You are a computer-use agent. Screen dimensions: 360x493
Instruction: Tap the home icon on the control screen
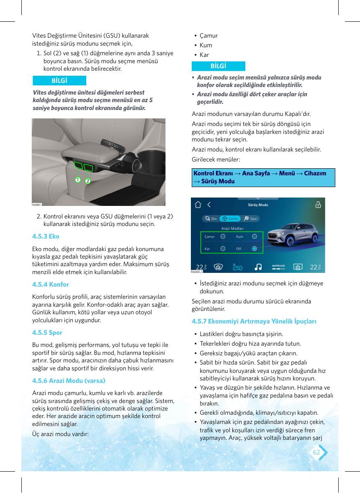click(x=198, y=205)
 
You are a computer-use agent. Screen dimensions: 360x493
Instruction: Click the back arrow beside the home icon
click(x=209, y=205)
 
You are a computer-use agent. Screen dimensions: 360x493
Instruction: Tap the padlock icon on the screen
click(x=318, y=205)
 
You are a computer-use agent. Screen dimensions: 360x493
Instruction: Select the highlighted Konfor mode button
click(x=230, y=218)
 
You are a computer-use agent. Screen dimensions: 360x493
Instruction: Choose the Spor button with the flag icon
click(x=251, y=218)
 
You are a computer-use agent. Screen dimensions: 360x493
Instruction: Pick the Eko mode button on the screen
click(x=211, y=218)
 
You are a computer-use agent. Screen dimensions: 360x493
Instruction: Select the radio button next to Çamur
click(x=223, y=236)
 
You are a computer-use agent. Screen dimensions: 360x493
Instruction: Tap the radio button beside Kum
click(x=255, y=236)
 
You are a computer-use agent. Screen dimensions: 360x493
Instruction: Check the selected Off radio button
click(x=255, y=249)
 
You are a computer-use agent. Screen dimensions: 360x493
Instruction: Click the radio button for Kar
click(x=223, y=249)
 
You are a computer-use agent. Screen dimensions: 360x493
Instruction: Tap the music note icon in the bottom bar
click(x=258, y=267)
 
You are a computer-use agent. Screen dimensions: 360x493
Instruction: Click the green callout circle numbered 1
click(x=78, y=180)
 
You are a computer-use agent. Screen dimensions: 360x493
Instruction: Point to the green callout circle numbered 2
click(x=88, y=181)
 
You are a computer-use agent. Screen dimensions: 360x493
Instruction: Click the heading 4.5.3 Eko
click(x=46, y=236)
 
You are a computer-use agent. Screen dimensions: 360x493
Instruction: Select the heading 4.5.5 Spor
click(x=47, y=333)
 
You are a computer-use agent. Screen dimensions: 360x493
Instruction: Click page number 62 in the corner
click(x=316, y=452)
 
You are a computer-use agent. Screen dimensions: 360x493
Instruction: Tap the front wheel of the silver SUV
click(x=290, y=241)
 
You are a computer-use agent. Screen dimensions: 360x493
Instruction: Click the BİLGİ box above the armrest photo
click(x=59, y=80)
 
